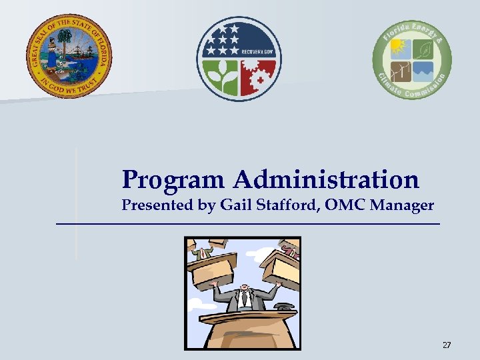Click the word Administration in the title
tap(326, 179)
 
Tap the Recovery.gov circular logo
tap(239, 59)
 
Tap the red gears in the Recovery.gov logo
tap(257, 79)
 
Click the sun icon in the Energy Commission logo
tap(399, 48)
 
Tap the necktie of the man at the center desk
tap(244, 300)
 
